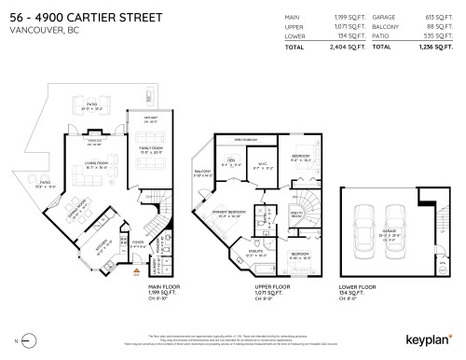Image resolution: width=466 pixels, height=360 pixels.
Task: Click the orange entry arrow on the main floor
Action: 136,271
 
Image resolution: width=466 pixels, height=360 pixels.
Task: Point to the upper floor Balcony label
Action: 204,173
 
